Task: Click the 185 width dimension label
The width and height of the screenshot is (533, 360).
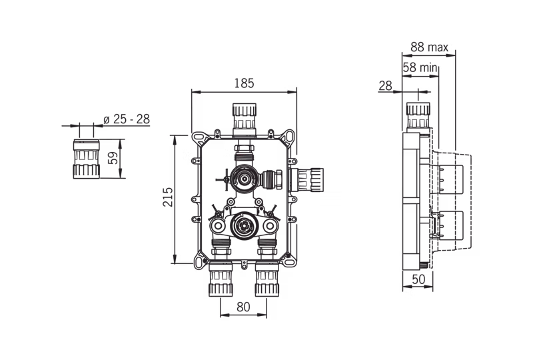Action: (x=244, y=83)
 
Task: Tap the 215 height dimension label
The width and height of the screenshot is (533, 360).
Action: (x=168, y=197)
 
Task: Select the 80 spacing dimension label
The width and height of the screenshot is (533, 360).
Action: (x=243, y=307)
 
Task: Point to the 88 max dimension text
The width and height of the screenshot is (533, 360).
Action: (x=429, y=47)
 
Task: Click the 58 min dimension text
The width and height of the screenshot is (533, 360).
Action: (x=420, y=67)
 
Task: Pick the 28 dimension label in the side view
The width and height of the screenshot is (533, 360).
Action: (x=386, y=86)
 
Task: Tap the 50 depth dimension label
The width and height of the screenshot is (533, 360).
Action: (x=418, y=279)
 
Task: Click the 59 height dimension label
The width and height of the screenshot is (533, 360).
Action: (x=113, y=158)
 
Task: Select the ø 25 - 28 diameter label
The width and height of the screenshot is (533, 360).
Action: (x=127, y=119)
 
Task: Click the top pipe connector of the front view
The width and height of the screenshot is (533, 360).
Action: (x=245, y=117)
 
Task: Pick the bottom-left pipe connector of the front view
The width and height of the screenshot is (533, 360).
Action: (x=221, y=279)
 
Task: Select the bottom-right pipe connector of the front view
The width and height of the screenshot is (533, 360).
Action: (x=267, y=279)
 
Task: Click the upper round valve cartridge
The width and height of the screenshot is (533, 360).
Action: (x=244, y=178)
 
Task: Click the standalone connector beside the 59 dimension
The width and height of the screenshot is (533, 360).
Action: (x=87, y=159)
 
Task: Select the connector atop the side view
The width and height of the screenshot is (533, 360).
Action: (x=418, y=116)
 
